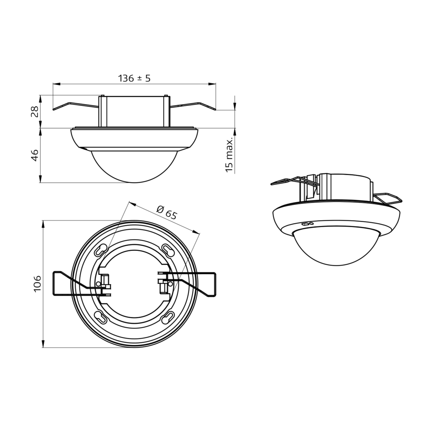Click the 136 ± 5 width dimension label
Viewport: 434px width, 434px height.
tap(134, 79)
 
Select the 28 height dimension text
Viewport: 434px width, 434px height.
tap(35, 111)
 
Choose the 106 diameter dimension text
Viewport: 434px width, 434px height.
tap(37, 283)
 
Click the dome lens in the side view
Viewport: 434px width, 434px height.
tap(134, 167)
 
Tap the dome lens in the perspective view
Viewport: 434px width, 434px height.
tap(336, 245)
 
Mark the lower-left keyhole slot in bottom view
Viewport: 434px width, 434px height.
tap(101, 317)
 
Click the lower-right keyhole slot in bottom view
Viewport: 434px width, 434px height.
tap(167, 317)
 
